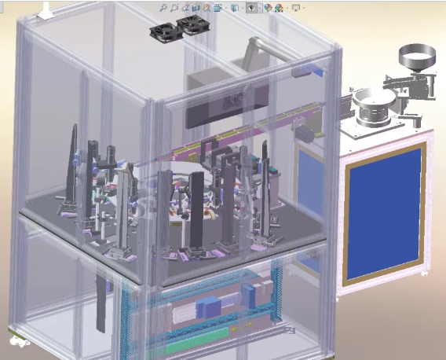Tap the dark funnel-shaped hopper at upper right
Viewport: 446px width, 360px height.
pos(416,57)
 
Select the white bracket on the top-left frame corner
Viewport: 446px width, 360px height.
pos(47,10)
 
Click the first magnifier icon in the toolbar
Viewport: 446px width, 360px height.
pos(163,7)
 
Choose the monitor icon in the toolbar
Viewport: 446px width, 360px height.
pos(295,7)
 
